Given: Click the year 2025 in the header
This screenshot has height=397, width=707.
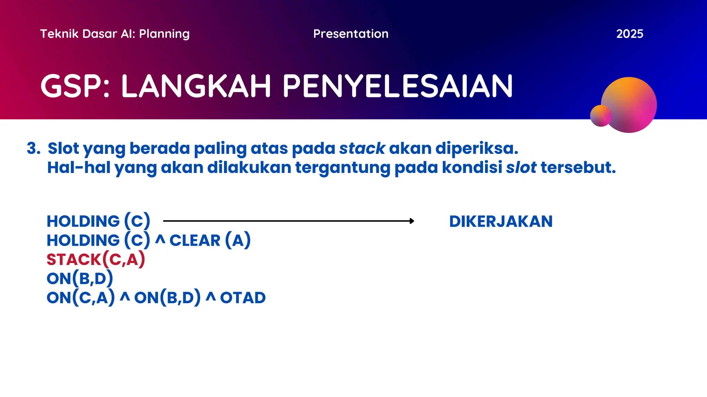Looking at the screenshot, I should tap(629, 34).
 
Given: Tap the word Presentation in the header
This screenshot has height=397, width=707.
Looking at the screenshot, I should tap(351, 34).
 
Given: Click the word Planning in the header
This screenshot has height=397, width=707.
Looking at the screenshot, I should tap(164, 34).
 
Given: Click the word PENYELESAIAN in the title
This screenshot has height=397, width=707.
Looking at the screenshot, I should tap(398, 86).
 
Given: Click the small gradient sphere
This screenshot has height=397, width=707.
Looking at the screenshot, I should tap(600, 116).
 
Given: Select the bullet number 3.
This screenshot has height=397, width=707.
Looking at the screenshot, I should tap(33, 149).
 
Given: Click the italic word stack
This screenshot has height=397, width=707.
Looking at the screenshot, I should tap(362, 149).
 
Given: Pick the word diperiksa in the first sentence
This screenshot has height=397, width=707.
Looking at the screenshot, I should tap(476, 149).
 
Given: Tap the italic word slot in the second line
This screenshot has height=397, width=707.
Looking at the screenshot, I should tap(521, 168).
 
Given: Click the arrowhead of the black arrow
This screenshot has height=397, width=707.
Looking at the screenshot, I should tap(411, 221).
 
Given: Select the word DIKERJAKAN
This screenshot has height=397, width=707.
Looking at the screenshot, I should tap(501, 221).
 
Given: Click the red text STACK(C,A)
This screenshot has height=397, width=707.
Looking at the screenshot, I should tap(96, 259).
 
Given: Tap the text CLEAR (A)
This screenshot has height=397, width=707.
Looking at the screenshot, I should tap(210, 240).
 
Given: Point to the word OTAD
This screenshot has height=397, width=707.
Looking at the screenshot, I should tap(243, 298).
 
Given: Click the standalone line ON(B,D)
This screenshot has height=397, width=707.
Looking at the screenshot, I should tap(80, 278).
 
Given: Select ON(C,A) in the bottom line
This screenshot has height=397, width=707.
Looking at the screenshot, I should tap(80, 298).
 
